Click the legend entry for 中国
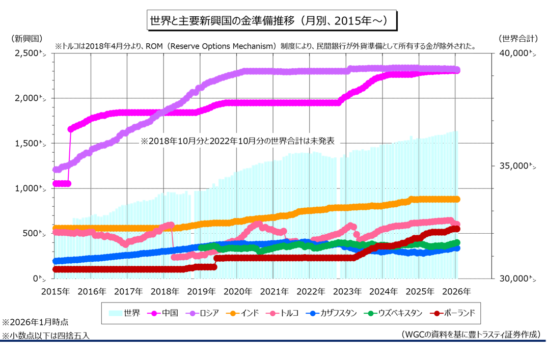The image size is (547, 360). point(162,313)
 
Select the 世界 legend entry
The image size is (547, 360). point(125,313)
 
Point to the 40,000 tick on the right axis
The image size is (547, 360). point(515,53)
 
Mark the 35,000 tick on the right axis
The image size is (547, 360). point(515,166)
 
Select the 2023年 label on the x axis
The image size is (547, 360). point(348,292)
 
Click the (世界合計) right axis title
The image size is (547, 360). point(517,39)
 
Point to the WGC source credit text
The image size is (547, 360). point(471,334)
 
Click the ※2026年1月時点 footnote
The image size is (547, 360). point(35,322)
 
